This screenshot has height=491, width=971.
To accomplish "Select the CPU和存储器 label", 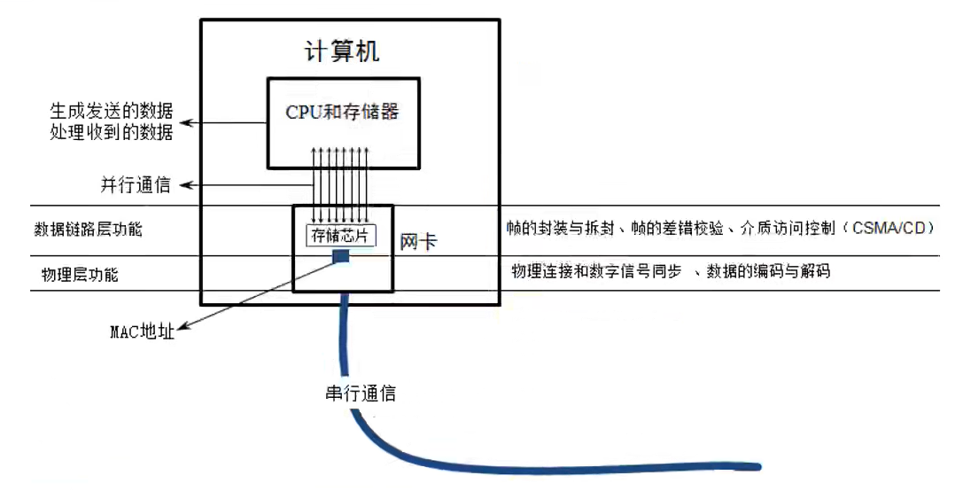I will [342, 112].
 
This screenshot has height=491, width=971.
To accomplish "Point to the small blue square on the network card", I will [340, 256].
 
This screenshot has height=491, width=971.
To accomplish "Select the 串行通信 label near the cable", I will [361, 393].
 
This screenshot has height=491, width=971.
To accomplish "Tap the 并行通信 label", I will [135, 185].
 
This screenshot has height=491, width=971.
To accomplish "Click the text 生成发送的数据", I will [112, 113].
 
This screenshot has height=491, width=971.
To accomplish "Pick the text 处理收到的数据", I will [112, 133].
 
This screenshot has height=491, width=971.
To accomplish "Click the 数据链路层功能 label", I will [88, 230].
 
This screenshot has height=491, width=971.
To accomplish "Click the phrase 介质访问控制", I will [788, 228].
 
